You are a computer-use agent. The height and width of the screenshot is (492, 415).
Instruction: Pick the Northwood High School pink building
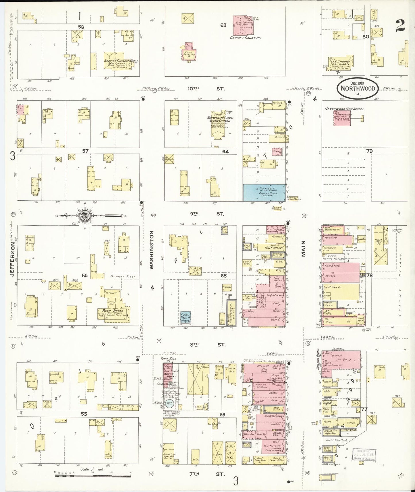[342, 118]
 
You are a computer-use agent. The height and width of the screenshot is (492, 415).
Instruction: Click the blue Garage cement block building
[264, 192]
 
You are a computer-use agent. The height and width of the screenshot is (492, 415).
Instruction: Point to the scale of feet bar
[92, 475]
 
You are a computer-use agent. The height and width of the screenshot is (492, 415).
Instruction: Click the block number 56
[84, 275]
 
